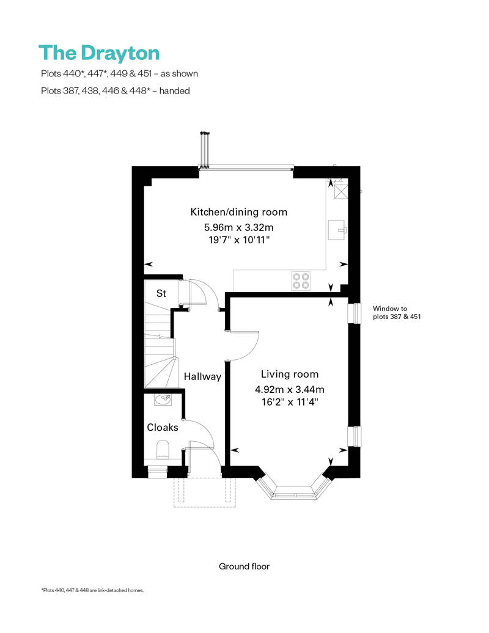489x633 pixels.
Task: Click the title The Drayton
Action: click(99, 53)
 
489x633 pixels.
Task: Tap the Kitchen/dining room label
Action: click(238, 212)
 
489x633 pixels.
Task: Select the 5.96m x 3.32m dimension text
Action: click(238, 227)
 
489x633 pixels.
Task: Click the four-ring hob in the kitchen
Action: click(301, 280)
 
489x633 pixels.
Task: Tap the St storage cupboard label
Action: click(161, 293)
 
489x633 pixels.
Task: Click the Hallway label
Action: click(202, 376)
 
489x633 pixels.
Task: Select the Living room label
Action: click(290, 374)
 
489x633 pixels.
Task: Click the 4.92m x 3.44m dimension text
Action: click(290, 390)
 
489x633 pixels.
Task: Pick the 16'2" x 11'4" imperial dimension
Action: click(290, 402)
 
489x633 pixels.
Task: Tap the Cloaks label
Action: click(163, 427)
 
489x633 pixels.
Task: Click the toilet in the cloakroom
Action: click(163, 450)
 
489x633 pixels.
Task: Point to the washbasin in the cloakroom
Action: click(163, 400)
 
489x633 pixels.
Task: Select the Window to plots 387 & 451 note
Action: click(397, 312)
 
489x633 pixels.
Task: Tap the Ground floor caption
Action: click(244, 566)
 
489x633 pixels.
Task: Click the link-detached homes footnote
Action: click(92, 590)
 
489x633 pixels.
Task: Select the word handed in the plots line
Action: click(174, 91)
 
